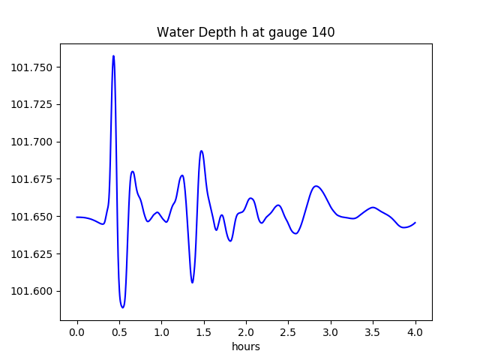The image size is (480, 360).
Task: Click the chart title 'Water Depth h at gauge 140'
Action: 245,32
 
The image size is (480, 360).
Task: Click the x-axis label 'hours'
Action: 245,347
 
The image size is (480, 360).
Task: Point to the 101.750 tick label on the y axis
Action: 32,67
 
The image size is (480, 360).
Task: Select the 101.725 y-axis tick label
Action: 32,105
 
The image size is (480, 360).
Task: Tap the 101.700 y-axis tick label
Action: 32,142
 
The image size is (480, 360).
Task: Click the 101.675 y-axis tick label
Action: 32,179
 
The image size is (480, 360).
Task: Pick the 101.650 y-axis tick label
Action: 32,217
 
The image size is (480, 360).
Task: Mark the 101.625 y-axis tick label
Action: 32,253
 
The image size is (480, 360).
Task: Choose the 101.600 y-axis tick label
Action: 32,291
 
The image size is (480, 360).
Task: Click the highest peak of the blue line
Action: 113,55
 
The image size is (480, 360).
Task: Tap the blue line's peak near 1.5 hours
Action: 201,151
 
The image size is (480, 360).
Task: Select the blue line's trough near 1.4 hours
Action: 192,283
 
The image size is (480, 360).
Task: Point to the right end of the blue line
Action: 415,222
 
